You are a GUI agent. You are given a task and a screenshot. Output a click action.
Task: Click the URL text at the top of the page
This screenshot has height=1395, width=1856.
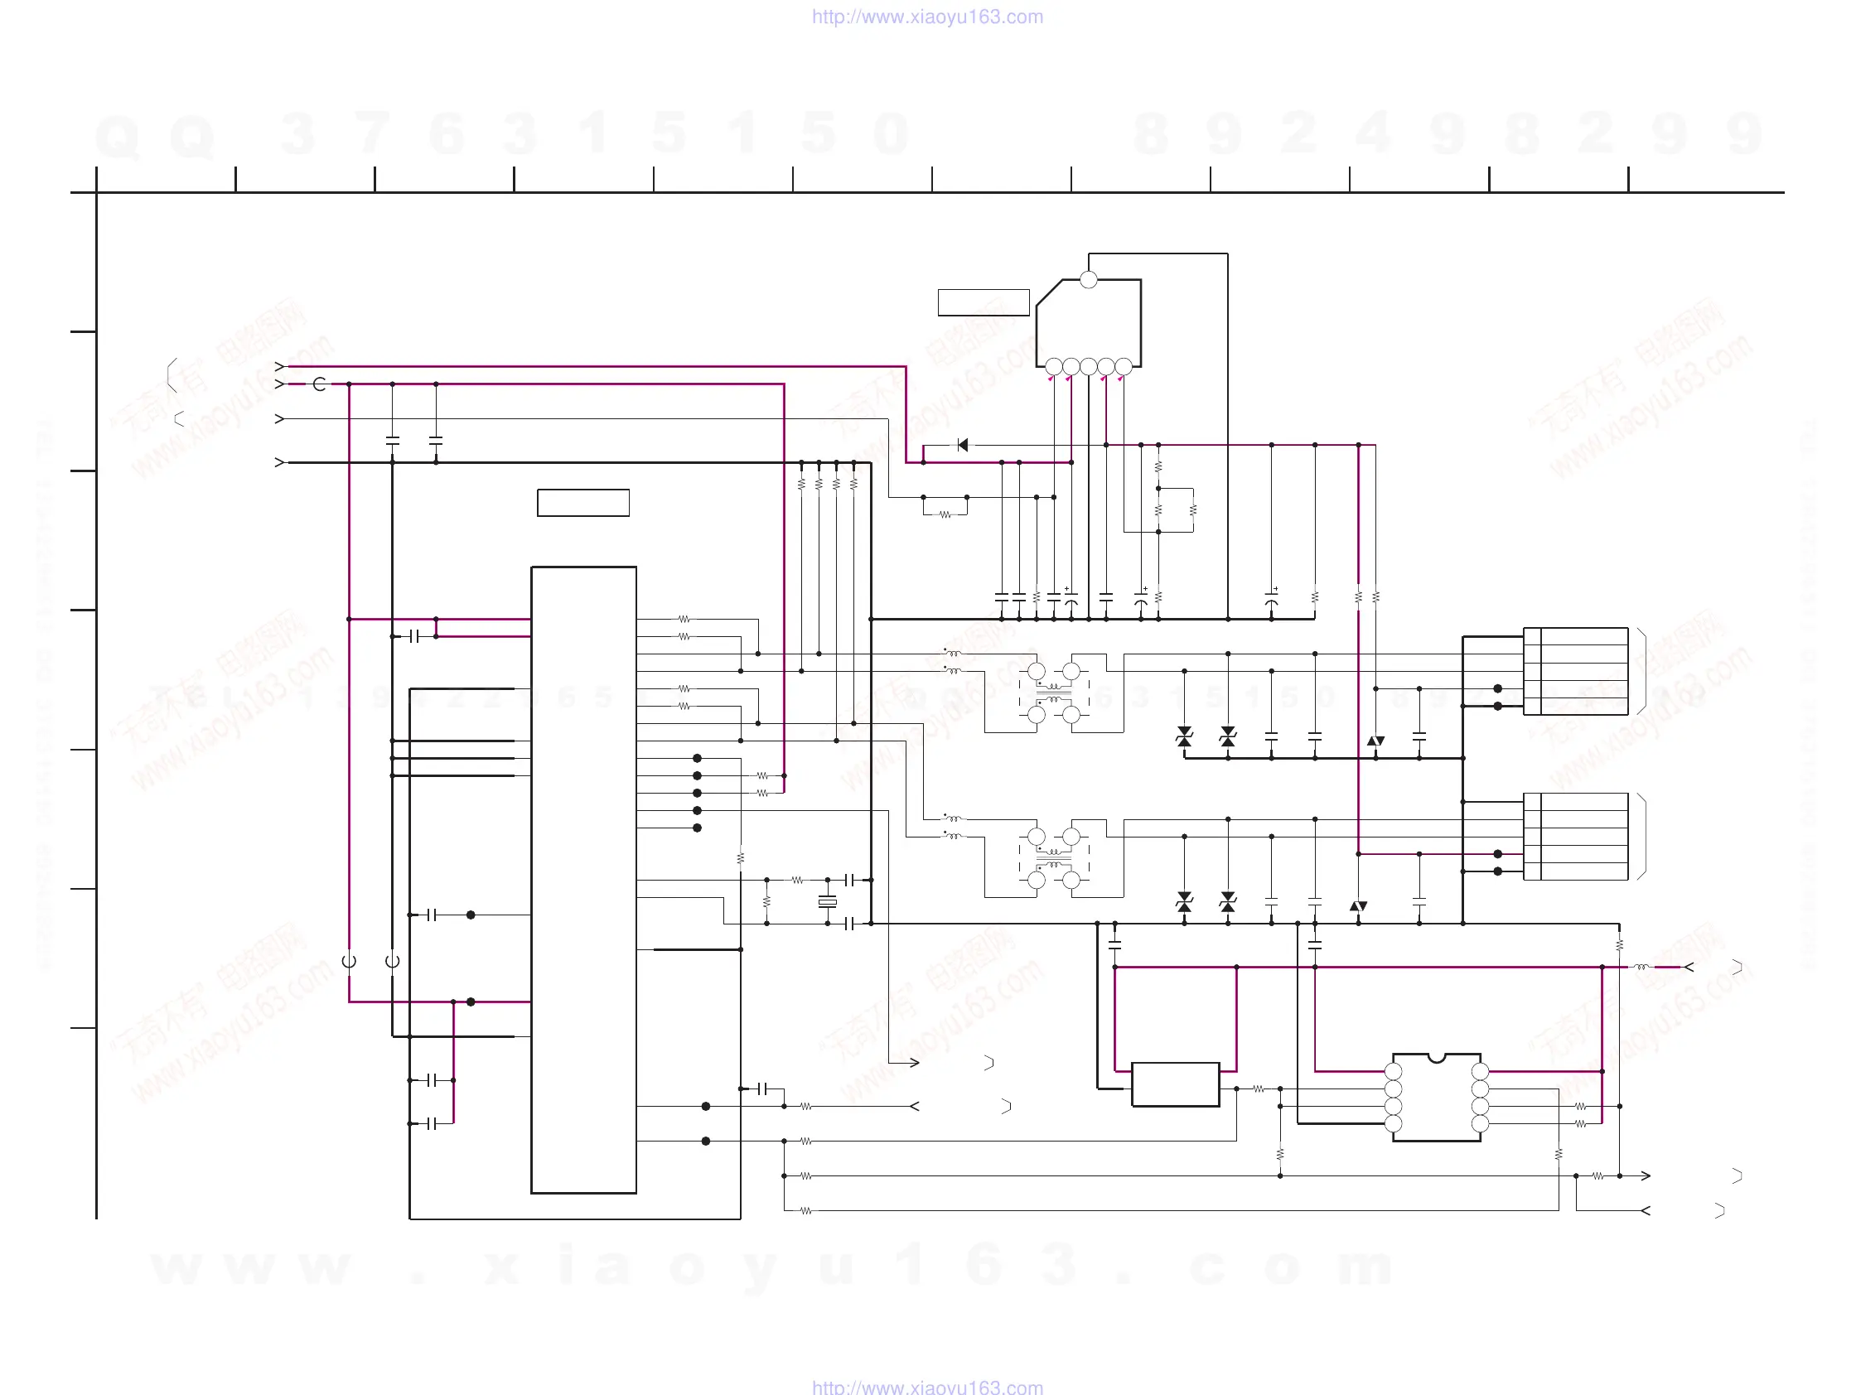point(927,17)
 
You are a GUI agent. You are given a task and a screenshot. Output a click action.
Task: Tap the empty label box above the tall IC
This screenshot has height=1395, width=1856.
point(583,503)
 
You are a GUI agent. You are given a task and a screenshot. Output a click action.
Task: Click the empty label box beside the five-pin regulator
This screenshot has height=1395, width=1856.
point(984,302)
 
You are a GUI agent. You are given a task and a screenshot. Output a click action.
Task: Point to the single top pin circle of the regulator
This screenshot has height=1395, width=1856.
point(1088,280)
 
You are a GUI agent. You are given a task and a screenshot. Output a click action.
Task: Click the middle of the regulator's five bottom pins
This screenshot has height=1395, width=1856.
point(1088,367)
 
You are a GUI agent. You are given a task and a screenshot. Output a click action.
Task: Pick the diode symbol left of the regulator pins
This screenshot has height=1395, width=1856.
point(963,445)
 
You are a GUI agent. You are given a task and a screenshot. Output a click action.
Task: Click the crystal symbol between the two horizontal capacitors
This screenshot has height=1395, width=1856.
point(827,902)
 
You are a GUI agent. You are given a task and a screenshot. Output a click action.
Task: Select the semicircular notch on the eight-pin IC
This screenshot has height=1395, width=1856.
point(1437,1058)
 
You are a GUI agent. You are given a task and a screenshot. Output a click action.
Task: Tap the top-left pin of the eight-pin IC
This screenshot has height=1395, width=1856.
point(1393,1071)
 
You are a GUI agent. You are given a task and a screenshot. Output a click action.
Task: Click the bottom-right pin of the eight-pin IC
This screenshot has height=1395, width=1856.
point(1480,1124)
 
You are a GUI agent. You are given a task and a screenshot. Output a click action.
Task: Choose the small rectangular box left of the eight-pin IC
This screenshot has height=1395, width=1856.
point(1175,1084)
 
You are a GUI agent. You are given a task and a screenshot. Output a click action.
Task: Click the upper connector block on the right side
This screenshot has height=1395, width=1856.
point(1576,671)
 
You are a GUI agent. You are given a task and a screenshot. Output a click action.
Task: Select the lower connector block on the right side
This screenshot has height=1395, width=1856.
point(1576,837)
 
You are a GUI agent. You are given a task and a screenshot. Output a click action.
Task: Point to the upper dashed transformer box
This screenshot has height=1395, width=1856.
point(1054,693)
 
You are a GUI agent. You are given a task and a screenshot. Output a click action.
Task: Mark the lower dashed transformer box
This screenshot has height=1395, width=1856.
point(1054,858)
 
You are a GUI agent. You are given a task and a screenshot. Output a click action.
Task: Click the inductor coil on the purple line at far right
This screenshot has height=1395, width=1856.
point(1641,968)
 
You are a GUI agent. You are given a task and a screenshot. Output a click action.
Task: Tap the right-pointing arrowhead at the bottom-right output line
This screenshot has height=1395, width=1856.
point(1646,1176)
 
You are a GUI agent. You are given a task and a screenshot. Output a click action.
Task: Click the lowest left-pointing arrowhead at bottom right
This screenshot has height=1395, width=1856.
point(1646,1210)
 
